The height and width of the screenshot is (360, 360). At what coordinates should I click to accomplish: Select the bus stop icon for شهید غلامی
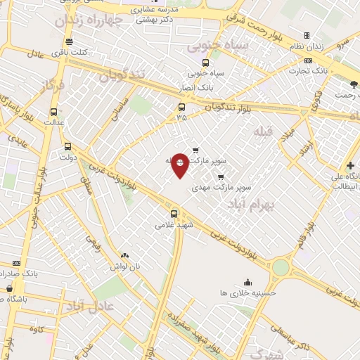174,212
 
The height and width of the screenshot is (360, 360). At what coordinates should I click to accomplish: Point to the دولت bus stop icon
67,147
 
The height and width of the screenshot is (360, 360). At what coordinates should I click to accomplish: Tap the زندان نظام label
326,46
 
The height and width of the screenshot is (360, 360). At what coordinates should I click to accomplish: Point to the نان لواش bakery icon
125,257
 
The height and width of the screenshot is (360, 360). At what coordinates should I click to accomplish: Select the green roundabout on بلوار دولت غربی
281,267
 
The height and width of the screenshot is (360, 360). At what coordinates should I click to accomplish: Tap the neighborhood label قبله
262,131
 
